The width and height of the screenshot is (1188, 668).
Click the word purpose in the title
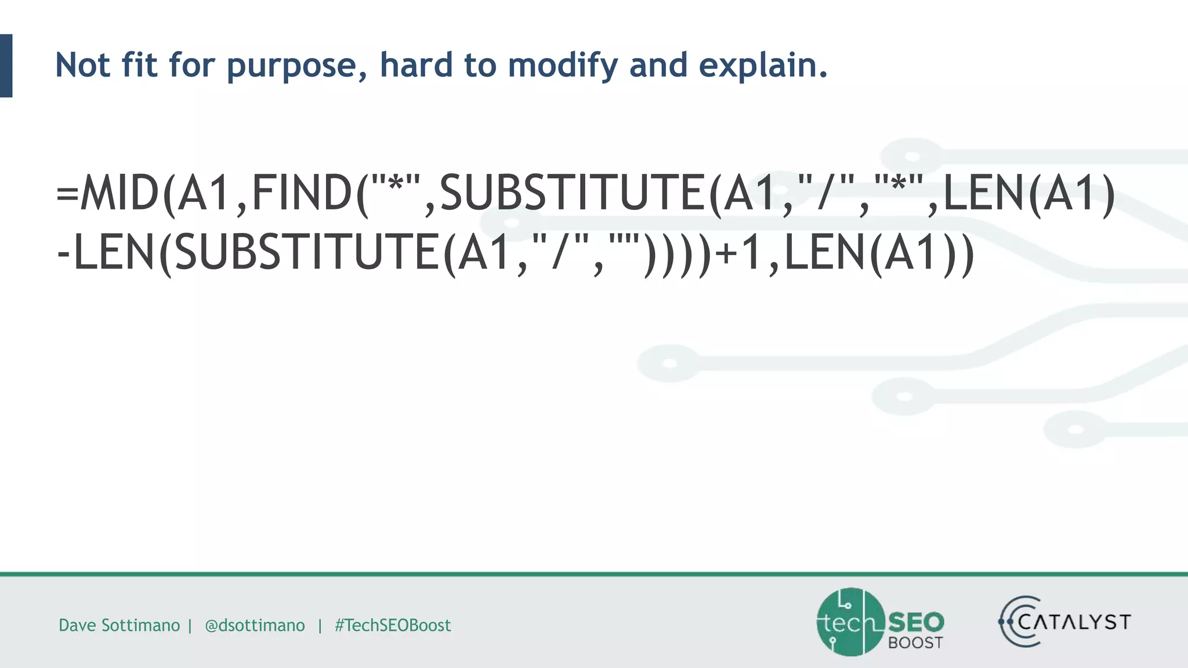coord(296,65)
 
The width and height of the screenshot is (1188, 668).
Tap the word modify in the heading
coord(562,65)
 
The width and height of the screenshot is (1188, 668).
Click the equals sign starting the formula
coord(67,194)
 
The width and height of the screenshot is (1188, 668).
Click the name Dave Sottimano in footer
coord(119,625)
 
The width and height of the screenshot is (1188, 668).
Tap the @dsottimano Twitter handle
coord(255,625)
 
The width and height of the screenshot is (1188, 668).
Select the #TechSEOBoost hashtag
coord(393,625)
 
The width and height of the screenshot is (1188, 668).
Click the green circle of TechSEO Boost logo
coord(850,622)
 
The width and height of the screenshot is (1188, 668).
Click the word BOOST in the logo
coord(915,642)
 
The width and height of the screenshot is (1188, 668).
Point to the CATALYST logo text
coord(1074,622)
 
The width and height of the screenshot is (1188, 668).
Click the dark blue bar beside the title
coord(6,66)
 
